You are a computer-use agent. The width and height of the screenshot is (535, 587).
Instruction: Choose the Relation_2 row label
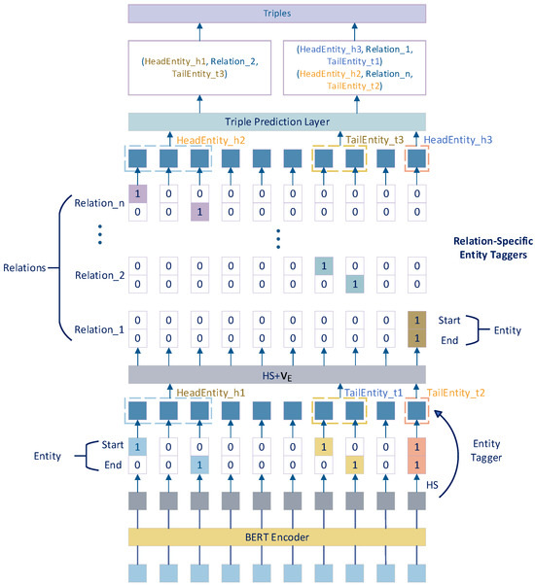[x=99, y=274]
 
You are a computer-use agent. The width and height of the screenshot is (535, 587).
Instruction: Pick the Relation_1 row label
[x=99, y=329]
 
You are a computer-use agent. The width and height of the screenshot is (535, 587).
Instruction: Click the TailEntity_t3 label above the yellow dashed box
[x=375, y=140]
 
